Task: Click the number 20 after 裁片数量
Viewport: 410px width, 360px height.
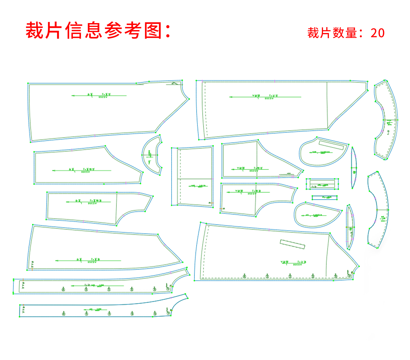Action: (377, 33)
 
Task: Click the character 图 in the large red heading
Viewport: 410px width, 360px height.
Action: (153, 30)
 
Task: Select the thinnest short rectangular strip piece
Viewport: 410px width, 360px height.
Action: (324, 198)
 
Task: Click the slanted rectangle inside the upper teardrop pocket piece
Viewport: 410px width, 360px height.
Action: (331, 145)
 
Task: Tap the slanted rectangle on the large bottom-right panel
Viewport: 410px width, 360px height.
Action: (292, 244)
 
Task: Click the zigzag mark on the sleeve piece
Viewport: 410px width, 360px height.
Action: (285, 174)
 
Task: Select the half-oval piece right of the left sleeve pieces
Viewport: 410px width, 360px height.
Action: (151, 155)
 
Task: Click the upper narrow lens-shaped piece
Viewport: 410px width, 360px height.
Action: (354, 168)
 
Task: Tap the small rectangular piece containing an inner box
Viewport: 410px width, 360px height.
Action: (322, 184)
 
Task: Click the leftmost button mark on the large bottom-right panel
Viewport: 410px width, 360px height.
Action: (244, 276)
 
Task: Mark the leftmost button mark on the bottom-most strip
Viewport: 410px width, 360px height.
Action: (64, 313)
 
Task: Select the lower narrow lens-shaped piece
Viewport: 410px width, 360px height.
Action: (350, 227)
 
